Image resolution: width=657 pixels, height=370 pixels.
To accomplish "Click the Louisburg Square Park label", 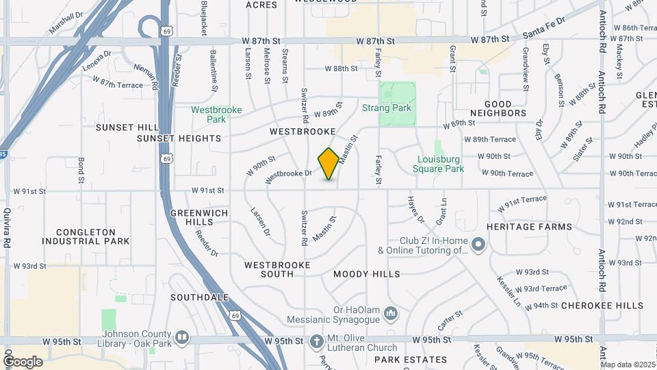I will pos(439,164).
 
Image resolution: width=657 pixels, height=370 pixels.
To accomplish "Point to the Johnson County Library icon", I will pos(182,338).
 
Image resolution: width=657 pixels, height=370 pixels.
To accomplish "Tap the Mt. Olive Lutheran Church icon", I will pos(316,341).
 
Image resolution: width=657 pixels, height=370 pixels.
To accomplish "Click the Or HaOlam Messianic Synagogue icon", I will pos(391,313).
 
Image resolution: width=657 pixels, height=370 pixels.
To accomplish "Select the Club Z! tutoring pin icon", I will pos(478,244).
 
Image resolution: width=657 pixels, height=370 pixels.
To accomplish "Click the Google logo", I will pos(23,361).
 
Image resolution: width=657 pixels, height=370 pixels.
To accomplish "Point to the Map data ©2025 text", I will pos(627,365).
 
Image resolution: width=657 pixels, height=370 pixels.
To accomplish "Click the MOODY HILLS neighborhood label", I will pos(367,274).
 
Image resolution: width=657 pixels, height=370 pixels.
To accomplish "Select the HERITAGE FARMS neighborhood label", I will pos(529,227).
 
